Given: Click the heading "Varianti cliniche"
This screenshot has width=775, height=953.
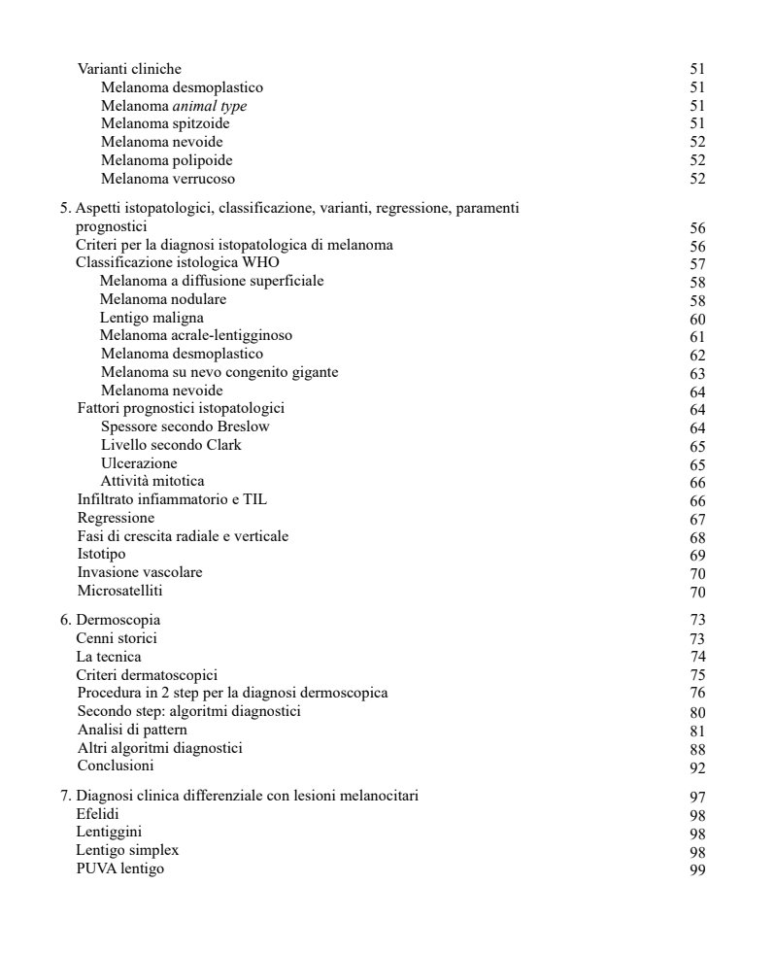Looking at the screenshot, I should tap(128, 69).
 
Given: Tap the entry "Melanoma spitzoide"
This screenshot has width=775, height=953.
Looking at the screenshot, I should tap(165, 123).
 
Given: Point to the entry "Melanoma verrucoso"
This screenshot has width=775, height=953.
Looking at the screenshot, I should tap(167, 179).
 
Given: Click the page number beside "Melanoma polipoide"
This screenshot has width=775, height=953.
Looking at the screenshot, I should tap(696, 161).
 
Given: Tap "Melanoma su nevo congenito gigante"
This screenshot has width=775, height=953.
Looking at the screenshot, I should tap(219, 372).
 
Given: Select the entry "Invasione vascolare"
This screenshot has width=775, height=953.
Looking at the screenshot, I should tap(140, 572).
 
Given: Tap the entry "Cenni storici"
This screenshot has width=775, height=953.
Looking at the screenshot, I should tap(117, 638).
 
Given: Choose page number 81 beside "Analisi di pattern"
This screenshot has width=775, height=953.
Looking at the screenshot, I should tap(696, 731).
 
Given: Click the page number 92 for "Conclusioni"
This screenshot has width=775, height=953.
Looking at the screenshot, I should tap(696, 767).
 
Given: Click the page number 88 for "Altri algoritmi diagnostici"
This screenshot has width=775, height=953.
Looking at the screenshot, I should tap(696, 749).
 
